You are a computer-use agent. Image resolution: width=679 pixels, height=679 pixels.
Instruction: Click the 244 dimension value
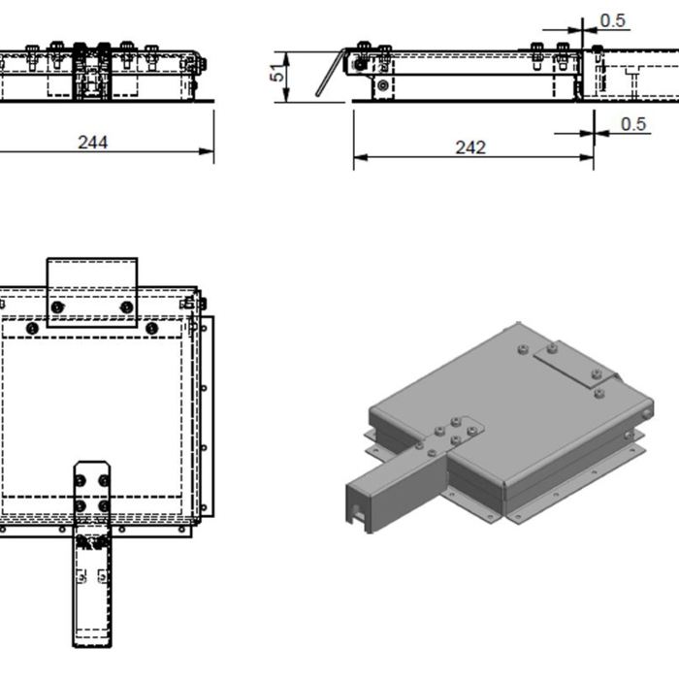[93, 142]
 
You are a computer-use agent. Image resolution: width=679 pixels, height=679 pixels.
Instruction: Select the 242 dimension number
[470, 147]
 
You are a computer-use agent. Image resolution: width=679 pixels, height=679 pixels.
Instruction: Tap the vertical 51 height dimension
[278, 73]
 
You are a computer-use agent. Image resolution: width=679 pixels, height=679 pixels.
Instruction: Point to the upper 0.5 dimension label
[613, 20]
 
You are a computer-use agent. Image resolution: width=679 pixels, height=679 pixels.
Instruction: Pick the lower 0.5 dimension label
[633, 123]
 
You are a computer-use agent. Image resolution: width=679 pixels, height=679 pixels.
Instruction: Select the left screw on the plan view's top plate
[58, 307]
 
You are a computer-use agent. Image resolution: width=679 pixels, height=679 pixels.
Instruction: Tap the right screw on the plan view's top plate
[126, 307]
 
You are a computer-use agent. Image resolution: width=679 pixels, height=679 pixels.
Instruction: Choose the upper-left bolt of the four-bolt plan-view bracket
[81, 480]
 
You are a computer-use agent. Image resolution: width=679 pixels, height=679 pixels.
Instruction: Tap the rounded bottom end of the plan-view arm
[92, 642]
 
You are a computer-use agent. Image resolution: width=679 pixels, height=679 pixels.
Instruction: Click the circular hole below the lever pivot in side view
[384, 86]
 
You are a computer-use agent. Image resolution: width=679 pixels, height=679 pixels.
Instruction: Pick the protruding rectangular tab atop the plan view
[92, 281]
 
